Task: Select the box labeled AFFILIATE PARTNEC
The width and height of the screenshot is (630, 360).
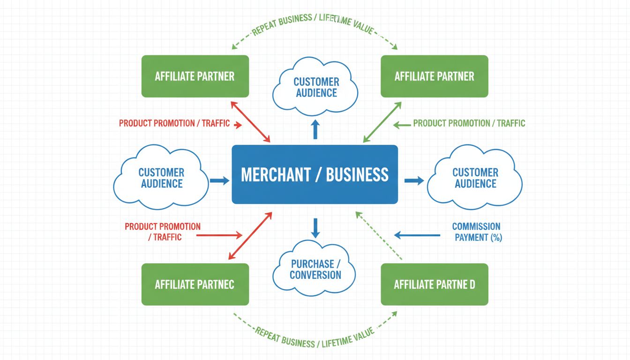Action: click(195, 284)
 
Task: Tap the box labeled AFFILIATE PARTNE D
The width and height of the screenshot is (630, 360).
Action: click(434, 284)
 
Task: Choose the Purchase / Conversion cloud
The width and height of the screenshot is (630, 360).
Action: click(315, 270)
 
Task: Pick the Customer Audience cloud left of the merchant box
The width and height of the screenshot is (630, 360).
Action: click(161, 178)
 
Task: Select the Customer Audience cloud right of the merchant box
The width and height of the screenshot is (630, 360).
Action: click(475, 178)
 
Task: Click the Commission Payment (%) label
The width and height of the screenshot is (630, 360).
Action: click(477, 232)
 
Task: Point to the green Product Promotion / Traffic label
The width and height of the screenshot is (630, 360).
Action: click(469, 124)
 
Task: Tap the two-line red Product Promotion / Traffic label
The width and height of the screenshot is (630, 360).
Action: click(162, 232)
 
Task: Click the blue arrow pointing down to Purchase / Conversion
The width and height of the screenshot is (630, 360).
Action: click(315, 227)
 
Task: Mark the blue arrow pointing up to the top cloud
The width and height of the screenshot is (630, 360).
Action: click(315, 129)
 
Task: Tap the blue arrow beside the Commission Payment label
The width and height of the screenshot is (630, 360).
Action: click(417, 235)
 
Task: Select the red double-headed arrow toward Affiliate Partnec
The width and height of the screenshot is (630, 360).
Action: click(250, 236)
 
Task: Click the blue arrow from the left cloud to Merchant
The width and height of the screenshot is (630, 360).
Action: click(219, 180)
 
